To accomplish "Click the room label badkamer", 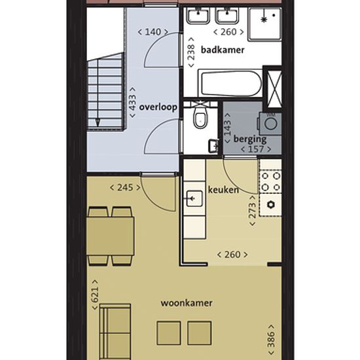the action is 223,50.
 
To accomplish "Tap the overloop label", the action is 158,107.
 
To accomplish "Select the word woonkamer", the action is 187,303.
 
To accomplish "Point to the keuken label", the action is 223,190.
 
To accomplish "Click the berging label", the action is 250,139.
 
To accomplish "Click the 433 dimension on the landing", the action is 132,102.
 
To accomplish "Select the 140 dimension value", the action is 153,32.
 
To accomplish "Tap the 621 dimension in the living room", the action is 95,295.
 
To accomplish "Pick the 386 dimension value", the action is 271,340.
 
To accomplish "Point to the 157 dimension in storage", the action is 256,149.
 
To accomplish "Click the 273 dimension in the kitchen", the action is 252,211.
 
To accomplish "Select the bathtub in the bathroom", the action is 230,84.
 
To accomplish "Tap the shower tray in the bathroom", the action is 264,24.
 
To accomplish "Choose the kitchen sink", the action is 194,198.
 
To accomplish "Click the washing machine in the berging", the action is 270,124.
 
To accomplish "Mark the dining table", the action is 111,236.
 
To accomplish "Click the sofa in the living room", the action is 115,332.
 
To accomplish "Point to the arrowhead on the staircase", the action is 98,122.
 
